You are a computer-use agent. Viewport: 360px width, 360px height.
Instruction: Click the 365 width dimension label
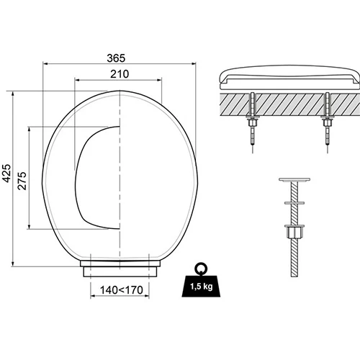116,58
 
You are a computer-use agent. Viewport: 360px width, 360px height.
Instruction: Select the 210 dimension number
120,74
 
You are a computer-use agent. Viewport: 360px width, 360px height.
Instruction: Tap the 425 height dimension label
6,173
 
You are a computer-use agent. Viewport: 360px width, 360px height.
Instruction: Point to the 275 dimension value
22,181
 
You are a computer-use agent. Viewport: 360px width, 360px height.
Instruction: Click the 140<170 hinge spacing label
122,290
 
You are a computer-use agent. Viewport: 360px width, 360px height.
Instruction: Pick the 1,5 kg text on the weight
202,287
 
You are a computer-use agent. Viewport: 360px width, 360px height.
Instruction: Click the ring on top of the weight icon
200,267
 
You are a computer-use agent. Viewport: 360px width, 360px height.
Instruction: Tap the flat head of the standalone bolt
294,179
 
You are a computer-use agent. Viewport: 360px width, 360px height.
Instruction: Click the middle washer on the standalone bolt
294,203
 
